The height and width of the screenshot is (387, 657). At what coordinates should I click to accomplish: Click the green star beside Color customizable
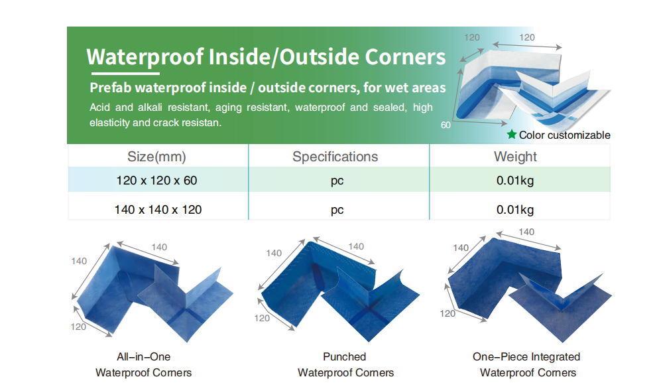pyautogui.click(x=511, y=134)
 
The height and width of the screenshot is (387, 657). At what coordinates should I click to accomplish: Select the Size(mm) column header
pyautogui.click(x=156, y=157)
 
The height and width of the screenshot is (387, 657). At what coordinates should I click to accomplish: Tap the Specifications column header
pyautogui.click(x=335, y=157)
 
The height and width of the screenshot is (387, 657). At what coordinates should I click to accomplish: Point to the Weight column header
pyautogui.click(x=515, y=157)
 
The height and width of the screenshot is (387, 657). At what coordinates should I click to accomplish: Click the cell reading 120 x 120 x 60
pyautogui.click(x=156, y=181)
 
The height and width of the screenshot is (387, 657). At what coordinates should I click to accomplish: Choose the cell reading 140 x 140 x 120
pyautogui.click(x=158, y=210)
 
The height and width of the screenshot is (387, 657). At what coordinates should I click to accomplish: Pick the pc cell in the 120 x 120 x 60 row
pyautogui.click(x=337, y=181)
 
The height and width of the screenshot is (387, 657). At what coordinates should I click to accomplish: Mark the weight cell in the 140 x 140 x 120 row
pyautogui.click(x=515, y=210)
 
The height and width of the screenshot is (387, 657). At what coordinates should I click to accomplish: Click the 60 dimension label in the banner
pyautogui.click(x=446, y=125)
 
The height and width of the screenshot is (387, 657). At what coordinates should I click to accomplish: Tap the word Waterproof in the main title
pyautogui.click(x=145, y=57)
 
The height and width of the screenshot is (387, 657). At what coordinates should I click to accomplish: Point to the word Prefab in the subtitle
pyautogui.click(x=110, y=88)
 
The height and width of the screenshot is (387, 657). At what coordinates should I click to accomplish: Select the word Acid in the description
pyautogui.click(x=99, y=108)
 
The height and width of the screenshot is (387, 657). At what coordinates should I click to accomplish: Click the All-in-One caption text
pyautogui.click(x=143, y=356)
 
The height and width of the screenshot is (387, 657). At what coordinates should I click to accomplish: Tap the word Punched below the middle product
pyautogui.click(x=345, y=356)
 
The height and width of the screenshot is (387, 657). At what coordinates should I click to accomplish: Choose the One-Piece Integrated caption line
pyautogui.click(x=526, y=356)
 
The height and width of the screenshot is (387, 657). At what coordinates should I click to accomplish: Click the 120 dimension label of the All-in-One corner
pyautogui.click(x=78, y=327)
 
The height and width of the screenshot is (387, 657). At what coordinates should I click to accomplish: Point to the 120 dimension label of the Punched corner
pyautogui.click(x=262, y=318)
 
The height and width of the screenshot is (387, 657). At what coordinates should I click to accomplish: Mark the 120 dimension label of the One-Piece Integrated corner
pyautogui.click(x=448, y=313)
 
